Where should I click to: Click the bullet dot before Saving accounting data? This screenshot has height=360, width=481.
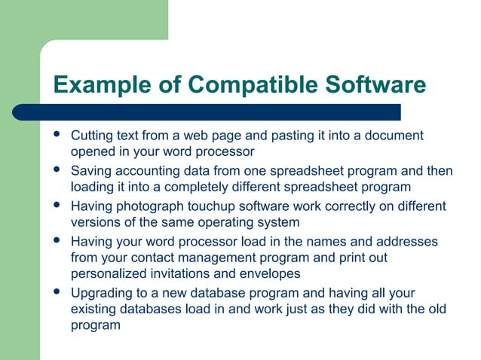pos(57,170)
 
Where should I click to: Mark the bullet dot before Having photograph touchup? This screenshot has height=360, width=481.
pos(57,205)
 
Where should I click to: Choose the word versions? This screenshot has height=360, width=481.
pos(96,222)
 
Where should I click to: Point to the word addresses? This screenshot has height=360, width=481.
pos(408,241)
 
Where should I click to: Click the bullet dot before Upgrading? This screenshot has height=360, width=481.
pos(57,291)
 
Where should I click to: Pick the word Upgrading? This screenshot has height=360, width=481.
pos(101,293)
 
